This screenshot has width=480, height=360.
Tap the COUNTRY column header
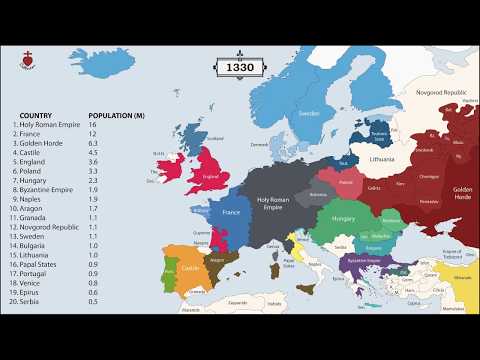coord(35,116)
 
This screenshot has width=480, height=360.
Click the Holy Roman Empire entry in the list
coord(50,126)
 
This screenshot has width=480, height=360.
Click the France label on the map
coord(231,213)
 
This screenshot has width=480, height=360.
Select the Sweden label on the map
coord(309,114)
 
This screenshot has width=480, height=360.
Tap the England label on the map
coord(210,178)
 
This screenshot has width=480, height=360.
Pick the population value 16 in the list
coord(94,126)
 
